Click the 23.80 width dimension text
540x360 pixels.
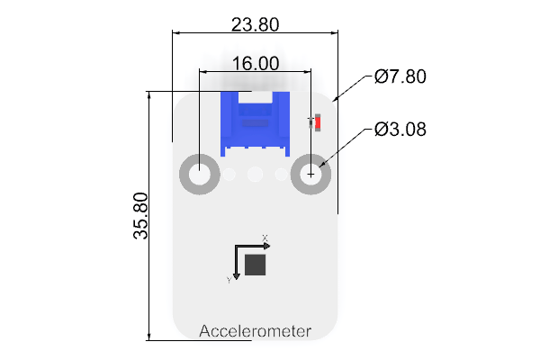255,25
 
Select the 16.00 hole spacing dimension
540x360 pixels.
256,64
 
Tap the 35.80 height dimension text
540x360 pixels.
140,216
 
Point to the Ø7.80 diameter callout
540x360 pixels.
400,76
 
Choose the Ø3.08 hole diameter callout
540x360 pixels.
400,130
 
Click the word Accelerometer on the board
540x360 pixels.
256,331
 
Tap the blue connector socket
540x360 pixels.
256,124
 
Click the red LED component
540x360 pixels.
318,122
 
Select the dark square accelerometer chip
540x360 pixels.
256,265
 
